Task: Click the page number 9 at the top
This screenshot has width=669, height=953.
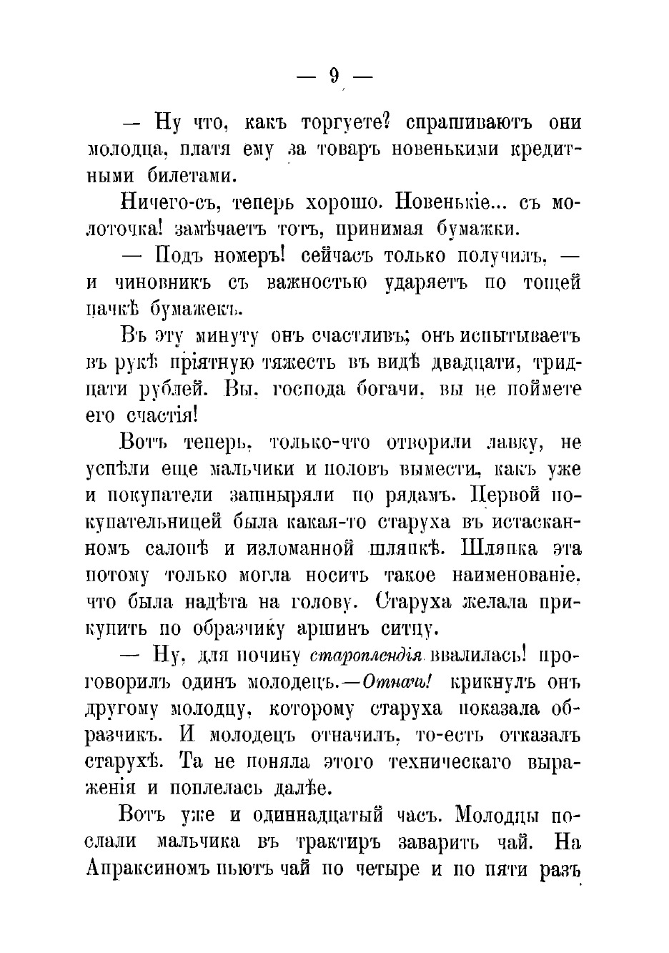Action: click(334, 76)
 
